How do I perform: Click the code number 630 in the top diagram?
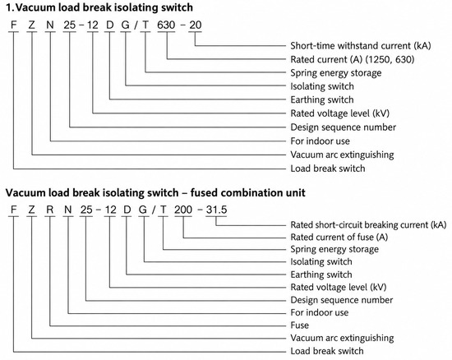point(166,25)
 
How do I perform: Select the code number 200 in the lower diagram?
point(183,210)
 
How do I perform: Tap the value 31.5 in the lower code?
point(216,210)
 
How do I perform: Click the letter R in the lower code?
point(50,210)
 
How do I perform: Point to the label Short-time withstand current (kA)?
point(361,46)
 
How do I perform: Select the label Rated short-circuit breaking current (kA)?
point(368,225)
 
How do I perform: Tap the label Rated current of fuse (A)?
point(339,238)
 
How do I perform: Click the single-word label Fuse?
point(299,325)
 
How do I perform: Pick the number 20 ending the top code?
point(195,25)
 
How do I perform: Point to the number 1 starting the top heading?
point(10,7)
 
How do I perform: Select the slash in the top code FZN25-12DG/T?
point(136,25)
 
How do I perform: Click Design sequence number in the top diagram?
point(343,127)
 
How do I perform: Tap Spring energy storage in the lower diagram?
point(334,250)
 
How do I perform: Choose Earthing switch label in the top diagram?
point(322,99)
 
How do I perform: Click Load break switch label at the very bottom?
point(327,351)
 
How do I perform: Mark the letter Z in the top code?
point(32,25)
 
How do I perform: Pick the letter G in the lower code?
point(143,210)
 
